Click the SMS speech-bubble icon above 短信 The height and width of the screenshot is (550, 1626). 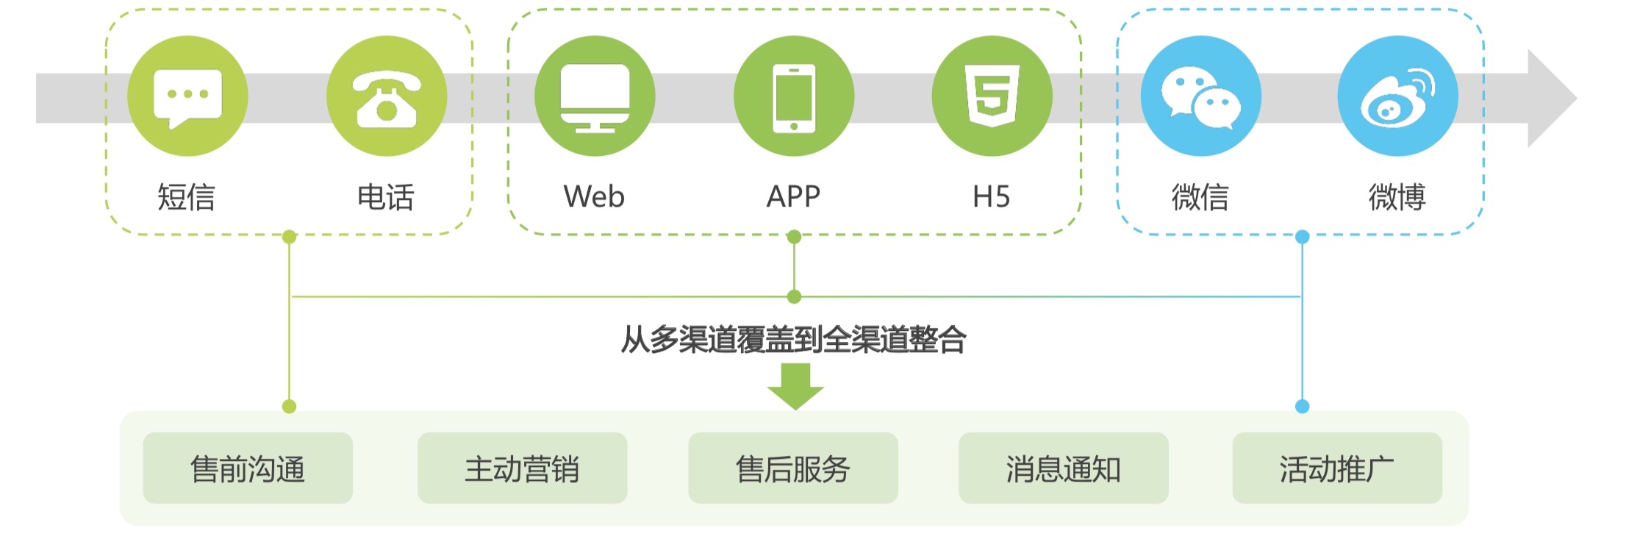(187, 96)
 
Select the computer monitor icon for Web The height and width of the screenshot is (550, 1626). (595, 97)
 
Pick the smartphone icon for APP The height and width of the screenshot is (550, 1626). (794, 97)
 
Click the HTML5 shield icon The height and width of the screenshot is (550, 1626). (992, 96)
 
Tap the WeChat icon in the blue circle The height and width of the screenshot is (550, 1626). (1200, 97)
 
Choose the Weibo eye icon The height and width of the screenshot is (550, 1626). (1397, 97)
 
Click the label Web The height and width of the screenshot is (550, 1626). (594, 197)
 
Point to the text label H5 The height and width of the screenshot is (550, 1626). (991, 197)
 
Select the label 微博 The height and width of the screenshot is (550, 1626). (1397, 197)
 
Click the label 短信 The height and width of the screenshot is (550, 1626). (187, 197)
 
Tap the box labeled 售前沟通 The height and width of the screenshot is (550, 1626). (248, 468)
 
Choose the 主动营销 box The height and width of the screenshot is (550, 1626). (522, 468)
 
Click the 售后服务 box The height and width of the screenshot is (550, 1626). (793, 468)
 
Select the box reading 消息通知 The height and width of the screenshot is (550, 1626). (1063, 468)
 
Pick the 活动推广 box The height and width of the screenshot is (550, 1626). (1336, 468)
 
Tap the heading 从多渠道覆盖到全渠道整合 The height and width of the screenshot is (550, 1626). (794, 340)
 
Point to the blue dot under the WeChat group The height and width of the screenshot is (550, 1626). (1302, 237)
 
